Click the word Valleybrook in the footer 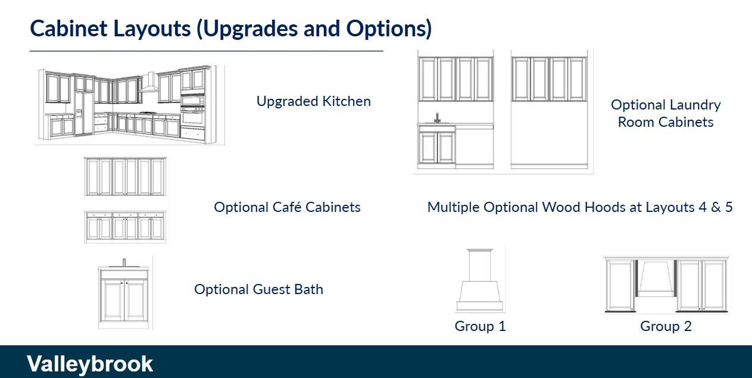tap(90, 364)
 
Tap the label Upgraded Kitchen tap(314, 101)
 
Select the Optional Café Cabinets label tap(288, 207)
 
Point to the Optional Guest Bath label tap(258, 289)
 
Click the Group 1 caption tap(480, 326)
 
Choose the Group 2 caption tap(666, 326)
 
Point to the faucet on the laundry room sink tap(437, 118)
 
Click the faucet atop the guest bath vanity tap(124, 262)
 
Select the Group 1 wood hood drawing tap(480, 280)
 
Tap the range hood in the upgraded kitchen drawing tap(149, 83)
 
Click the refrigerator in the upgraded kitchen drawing tap(83, 114)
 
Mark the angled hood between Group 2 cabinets tap(656, 278)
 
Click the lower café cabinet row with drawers tap(125, 227)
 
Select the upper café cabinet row tap(125, 177)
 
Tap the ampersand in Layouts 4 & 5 tap(716, 207)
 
